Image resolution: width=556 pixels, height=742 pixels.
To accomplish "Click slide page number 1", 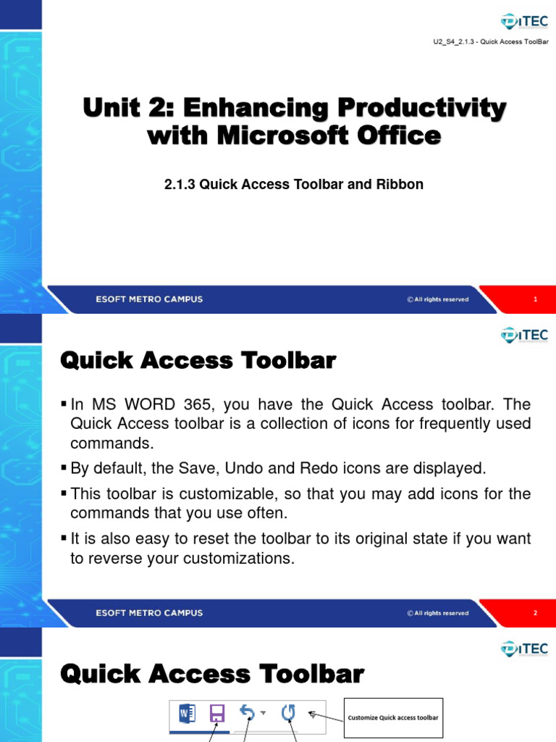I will (535, 299).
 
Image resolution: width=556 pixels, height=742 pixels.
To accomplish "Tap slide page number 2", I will (535, 613).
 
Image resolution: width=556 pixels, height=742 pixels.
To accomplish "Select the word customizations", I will (237, 559).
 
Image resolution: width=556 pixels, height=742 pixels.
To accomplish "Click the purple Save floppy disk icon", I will (216, 714).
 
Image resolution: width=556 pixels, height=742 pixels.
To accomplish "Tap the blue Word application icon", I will (185, 714).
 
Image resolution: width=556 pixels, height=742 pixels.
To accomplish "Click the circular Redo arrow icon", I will (288, 714).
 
